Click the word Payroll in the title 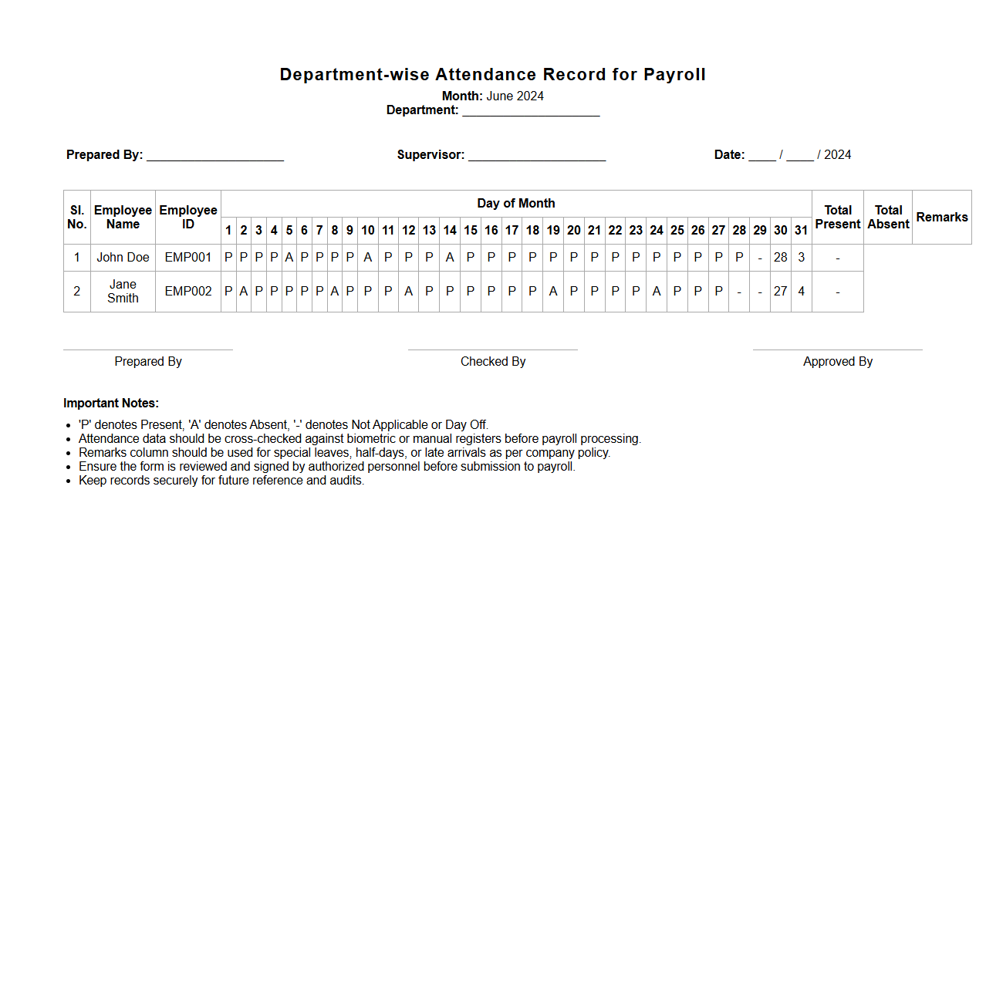[674, 75]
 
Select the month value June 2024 [515, 96]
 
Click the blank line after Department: [531, 111]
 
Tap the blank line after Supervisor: [537, 156]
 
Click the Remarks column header [941, 218]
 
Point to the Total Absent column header [888, 218]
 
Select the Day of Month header [516, 204]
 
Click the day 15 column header [471, 231]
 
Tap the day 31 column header [801, 231]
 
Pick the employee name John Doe [123, 258]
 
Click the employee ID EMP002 [188, 292]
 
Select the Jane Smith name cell [123, 292]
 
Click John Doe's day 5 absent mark [289, 258]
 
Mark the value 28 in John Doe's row [781, 258]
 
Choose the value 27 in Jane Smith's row [781, 292]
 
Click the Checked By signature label [493, 362]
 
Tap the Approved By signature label [838, 362]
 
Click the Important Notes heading [111, 404]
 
